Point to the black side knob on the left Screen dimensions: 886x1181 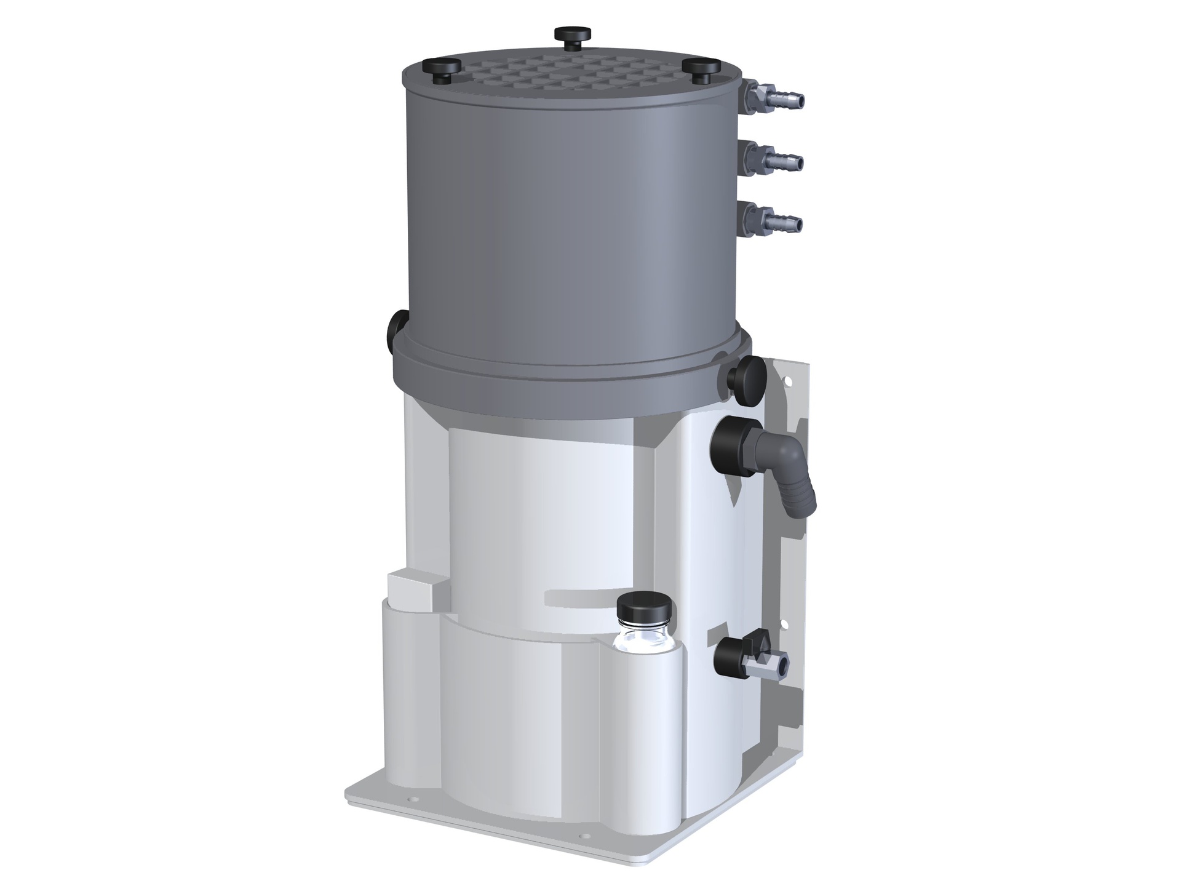(395, 332)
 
